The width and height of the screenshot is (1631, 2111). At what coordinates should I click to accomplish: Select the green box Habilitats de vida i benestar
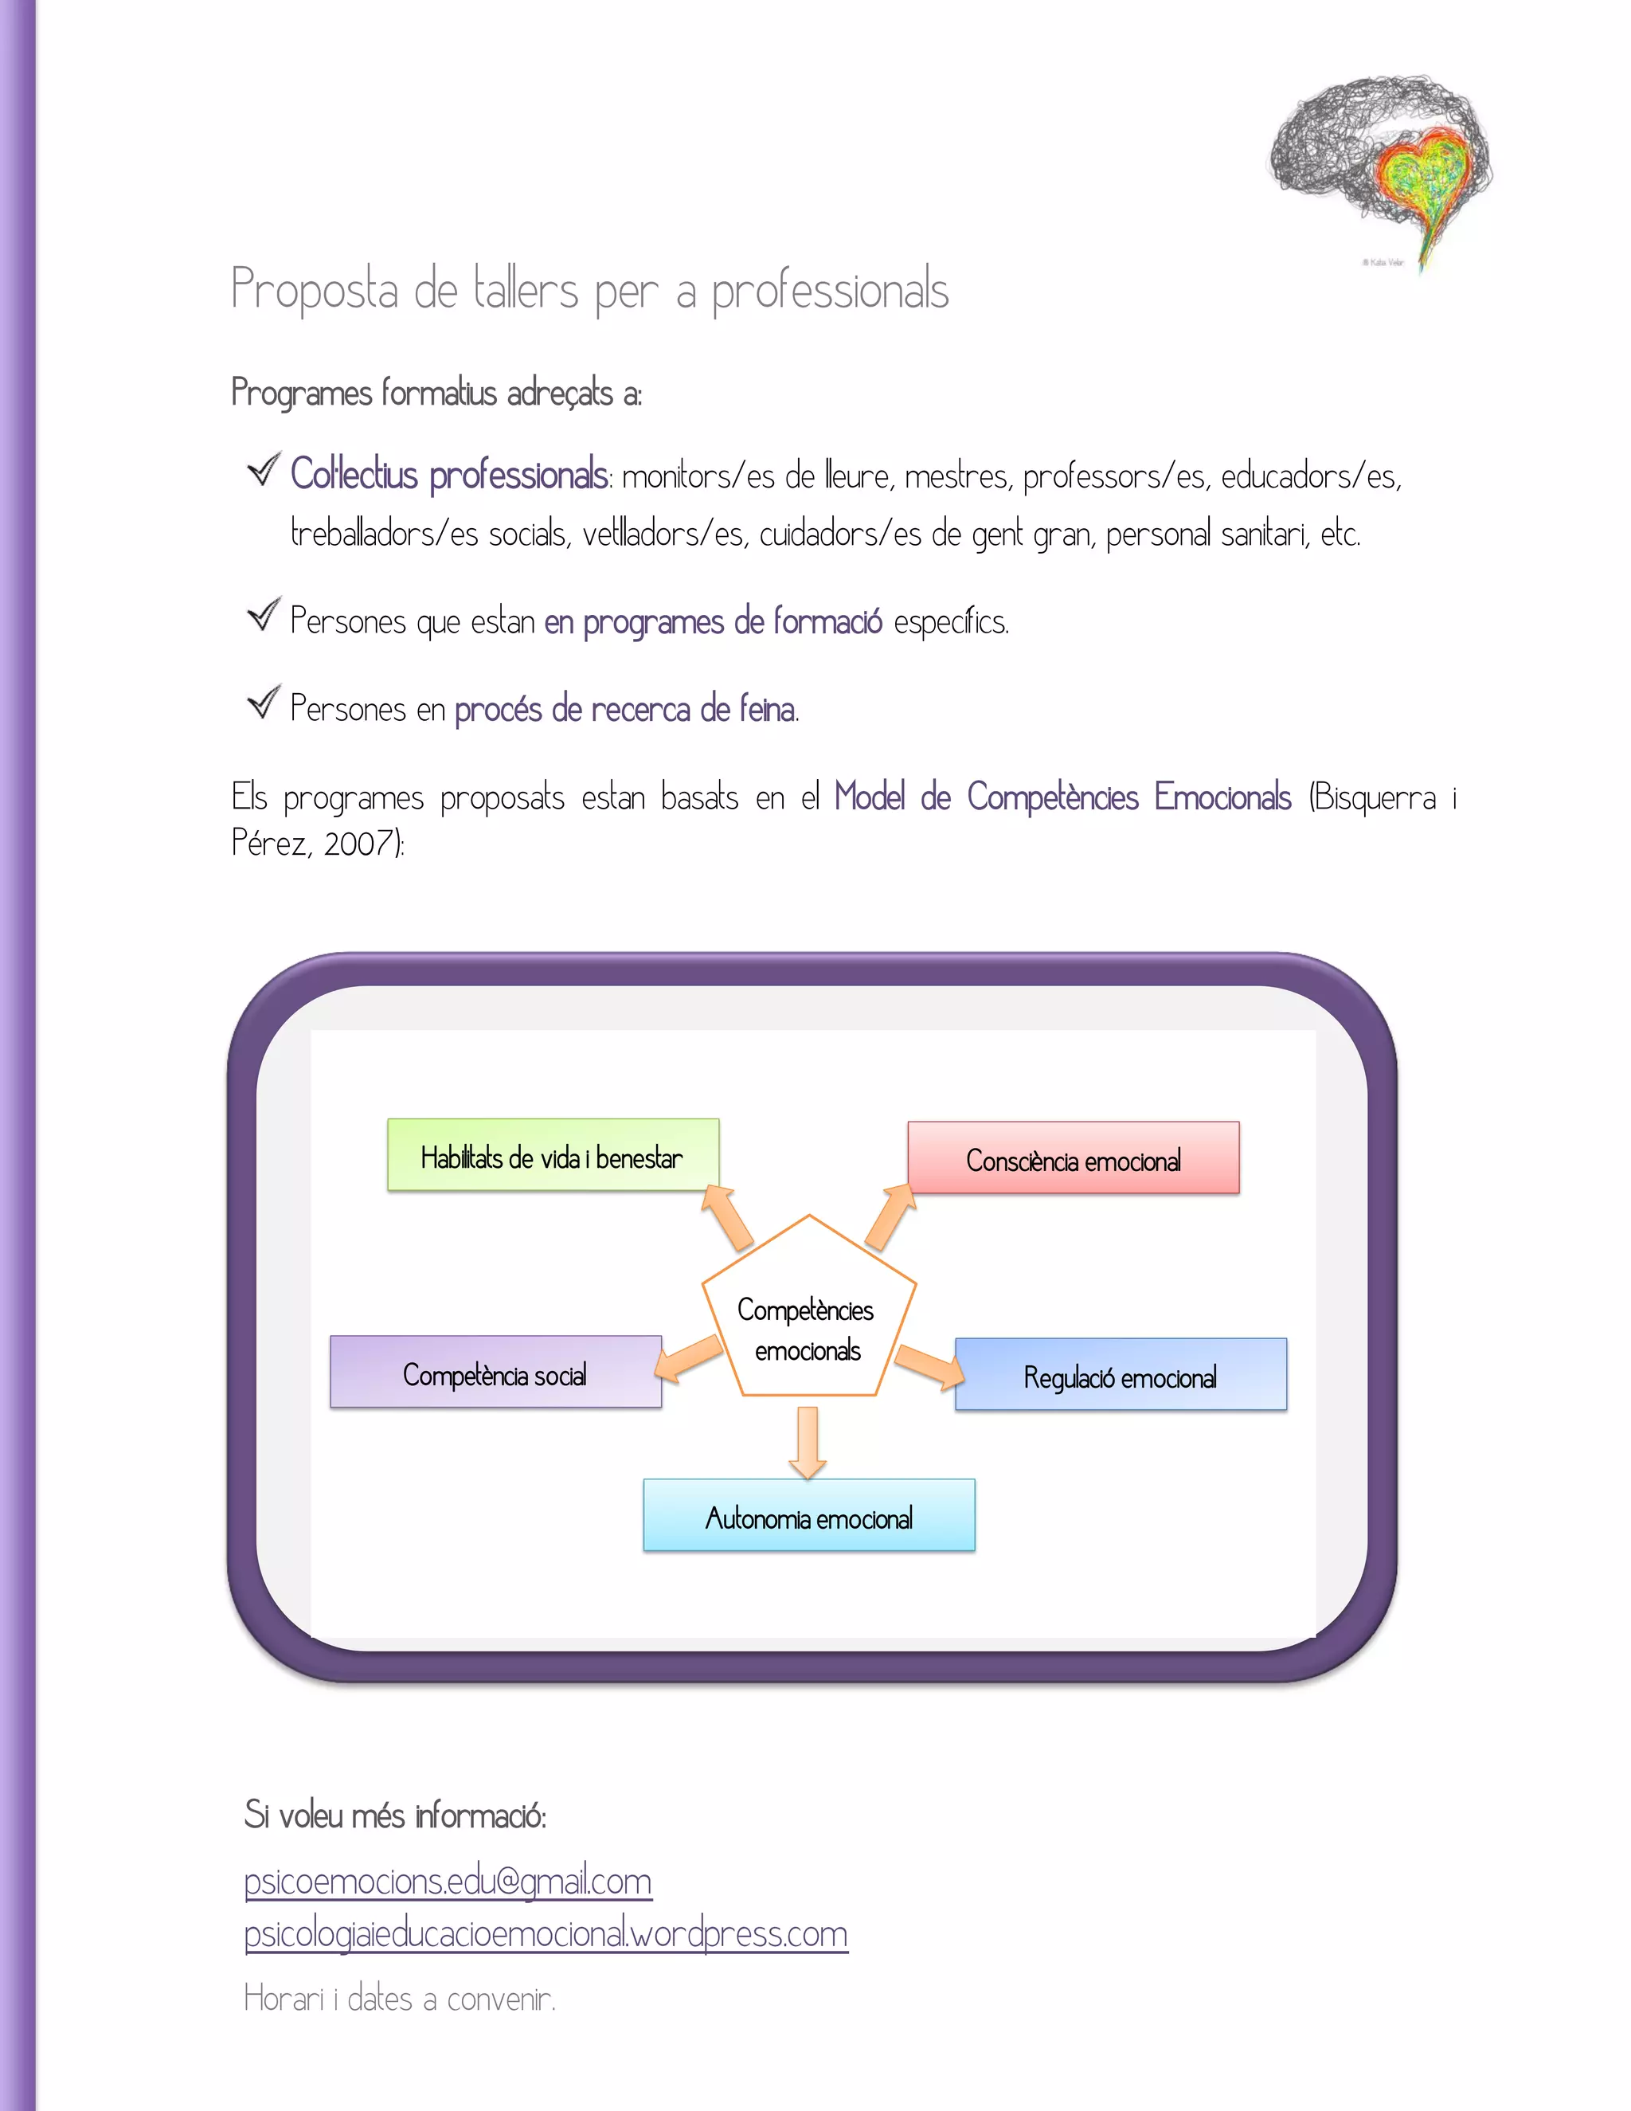click(553, 1155)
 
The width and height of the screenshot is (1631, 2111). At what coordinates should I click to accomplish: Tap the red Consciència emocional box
click(1073, 1158)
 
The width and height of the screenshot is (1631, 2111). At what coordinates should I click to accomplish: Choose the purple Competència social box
click(495, 1373)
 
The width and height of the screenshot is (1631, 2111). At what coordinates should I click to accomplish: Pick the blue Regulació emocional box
click(1121, 1374)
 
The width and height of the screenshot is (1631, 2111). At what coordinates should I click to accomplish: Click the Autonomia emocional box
click(809, 1516)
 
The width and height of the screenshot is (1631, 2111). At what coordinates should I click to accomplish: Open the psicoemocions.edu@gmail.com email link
click(448, 1881)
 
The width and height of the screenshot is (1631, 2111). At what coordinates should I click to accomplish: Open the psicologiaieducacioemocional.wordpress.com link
click(546, 1933)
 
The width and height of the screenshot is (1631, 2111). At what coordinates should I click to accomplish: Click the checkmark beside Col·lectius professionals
click(263, 470)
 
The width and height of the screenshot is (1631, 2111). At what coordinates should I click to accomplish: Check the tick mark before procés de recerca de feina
click(263, 703)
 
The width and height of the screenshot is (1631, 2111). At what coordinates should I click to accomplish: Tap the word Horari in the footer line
click(283, 1999)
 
